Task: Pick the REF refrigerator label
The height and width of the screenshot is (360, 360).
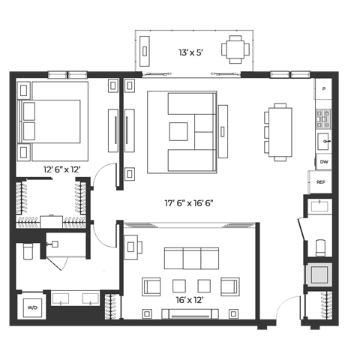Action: [x=320, y=182]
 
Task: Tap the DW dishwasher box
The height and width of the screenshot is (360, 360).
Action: [x=324, y=162]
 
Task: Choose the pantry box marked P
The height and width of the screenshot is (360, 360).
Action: [x=324, y=89]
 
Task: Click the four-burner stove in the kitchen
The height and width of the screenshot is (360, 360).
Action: [x=323, y=116]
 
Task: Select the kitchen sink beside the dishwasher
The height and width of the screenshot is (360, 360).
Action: [x=325, y=140]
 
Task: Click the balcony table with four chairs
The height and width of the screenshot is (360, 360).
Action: [x=235, y=49]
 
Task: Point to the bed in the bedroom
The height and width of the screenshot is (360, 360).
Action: [x=52, y=121]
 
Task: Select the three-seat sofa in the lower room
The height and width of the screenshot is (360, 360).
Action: [x=190, y=259]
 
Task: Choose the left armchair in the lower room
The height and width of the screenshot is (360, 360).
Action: [x=151, y=286]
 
